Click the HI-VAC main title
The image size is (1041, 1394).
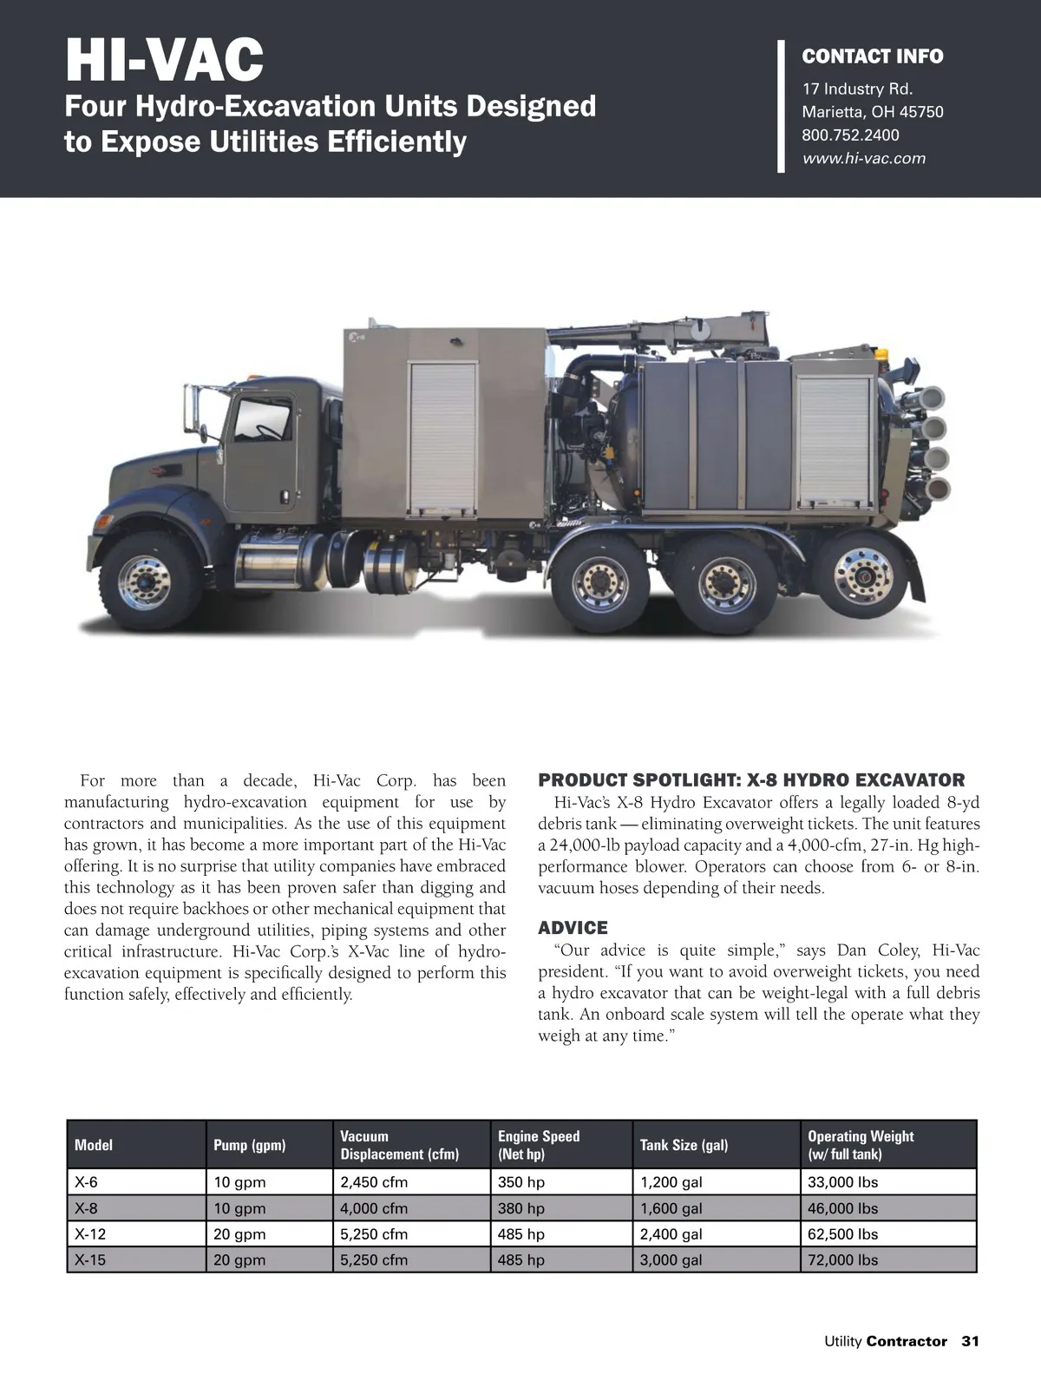164,60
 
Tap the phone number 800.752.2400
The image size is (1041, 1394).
850,135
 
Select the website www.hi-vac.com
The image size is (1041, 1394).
863,159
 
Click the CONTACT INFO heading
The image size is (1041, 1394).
872,57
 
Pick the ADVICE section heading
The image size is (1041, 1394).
573,928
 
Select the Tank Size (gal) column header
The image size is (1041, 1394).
684,1145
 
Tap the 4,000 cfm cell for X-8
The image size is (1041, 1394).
374,1208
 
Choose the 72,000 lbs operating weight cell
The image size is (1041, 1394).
842,1260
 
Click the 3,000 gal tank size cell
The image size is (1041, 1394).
671,1260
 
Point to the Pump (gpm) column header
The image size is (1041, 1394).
249,1145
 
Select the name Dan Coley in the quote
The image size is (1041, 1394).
877,950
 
